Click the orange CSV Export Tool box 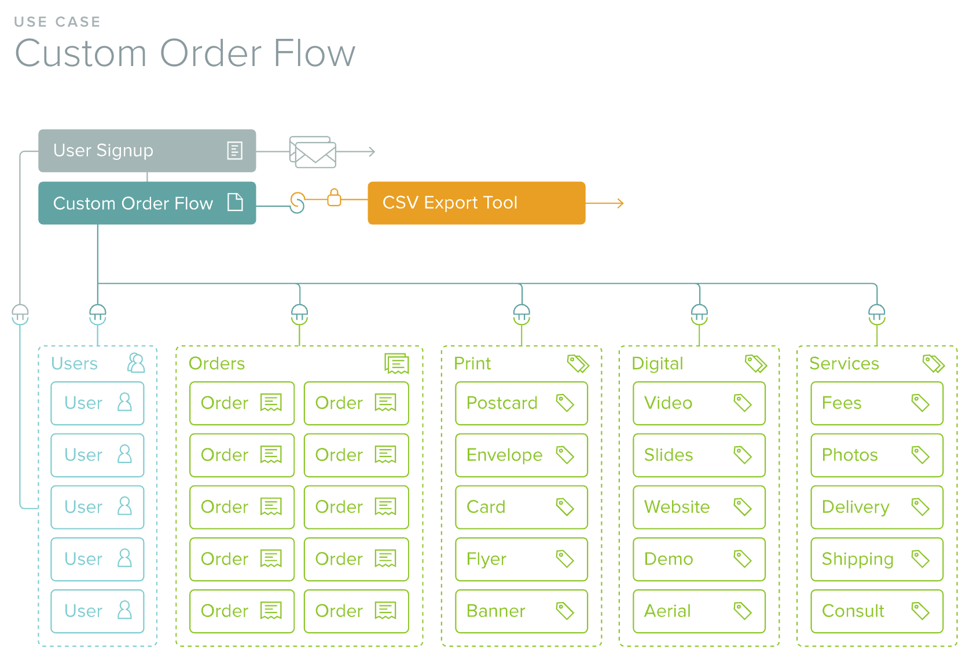tap(476, 203)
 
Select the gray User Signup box tap(146, 151)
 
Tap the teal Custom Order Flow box tap(146, 203)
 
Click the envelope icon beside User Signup tap(313, 152)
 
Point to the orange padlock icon tap(334, 198)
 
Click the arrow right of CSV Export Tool tap(605, 203)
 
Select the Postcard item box tap(521, 403)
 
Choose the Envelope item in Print tap(521, 455)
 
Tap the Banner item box tap(521, 611)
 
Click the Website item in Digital tap(699, 507)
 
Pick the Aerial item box tap(699, 611)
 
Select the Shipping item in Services tap(876, 559)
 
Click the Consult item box tap(876, 611)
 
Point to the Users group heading tap(75, 363)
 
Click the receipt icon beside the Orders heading tap(397, 364)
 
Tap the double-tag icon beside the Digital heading tap(755, 364)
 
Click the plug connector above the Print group tap(521, 314)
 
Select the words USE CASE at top tap(57, 22)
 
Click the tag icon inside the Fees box tap(920, 403)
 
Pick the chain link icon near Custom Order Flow tap(297, 203)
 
